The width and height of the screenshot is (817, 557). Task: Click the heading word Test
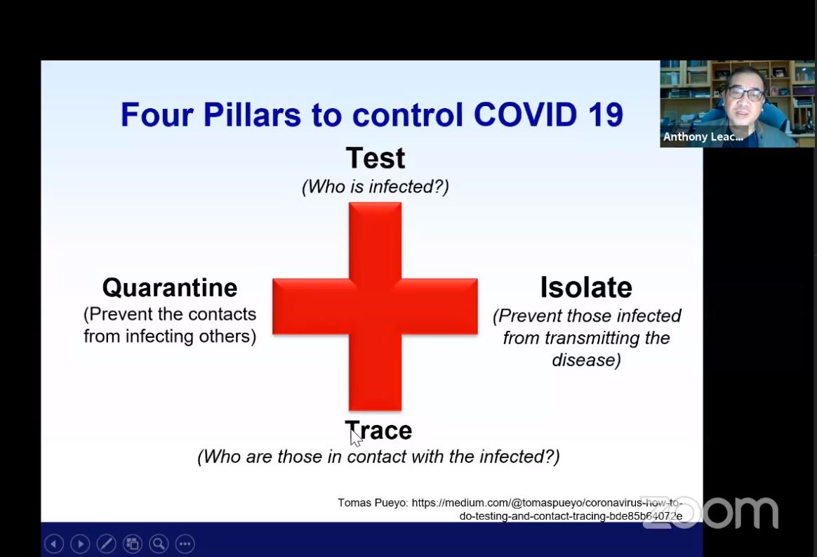coord(375,158)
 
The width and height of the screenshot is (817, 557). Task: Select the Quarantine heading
coord(170,288)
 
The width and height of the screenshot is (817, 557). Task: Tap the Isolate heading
coord(586,287)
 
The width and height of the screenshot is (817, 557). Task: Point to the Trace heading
coord(378,431)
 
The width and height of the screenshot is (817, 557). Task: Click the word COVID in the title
coord(525,114)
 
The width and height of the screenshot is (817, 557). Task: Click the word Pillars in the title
coord(252,114)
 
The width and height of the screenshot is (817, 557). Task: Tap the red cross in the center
coord(375,306)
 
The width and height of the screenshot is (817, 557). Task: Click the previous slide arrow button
coord(54,544)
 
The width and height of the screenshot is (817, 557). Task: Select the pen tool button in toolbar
coord(106,544)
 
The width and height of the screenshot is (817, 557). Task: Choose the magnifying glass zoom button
coord(159,544)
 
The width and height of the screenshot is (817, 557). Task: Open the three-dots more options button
coord(185,544)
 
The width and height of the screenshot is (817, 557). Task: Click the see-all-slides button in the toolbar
coord(133,544)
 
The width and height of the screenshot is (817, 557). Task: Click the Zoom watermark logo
coord(710,513)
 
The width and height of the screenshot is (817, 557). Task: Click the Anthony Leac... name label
coord(703,137)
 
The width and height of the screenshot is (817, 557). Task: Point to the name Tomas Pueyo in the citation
coord(372,504)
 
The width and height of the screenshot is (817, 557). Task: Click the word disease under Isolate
coord(586,360)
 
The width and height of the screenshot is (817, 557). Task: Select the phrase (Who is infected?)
coord(375,187)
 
